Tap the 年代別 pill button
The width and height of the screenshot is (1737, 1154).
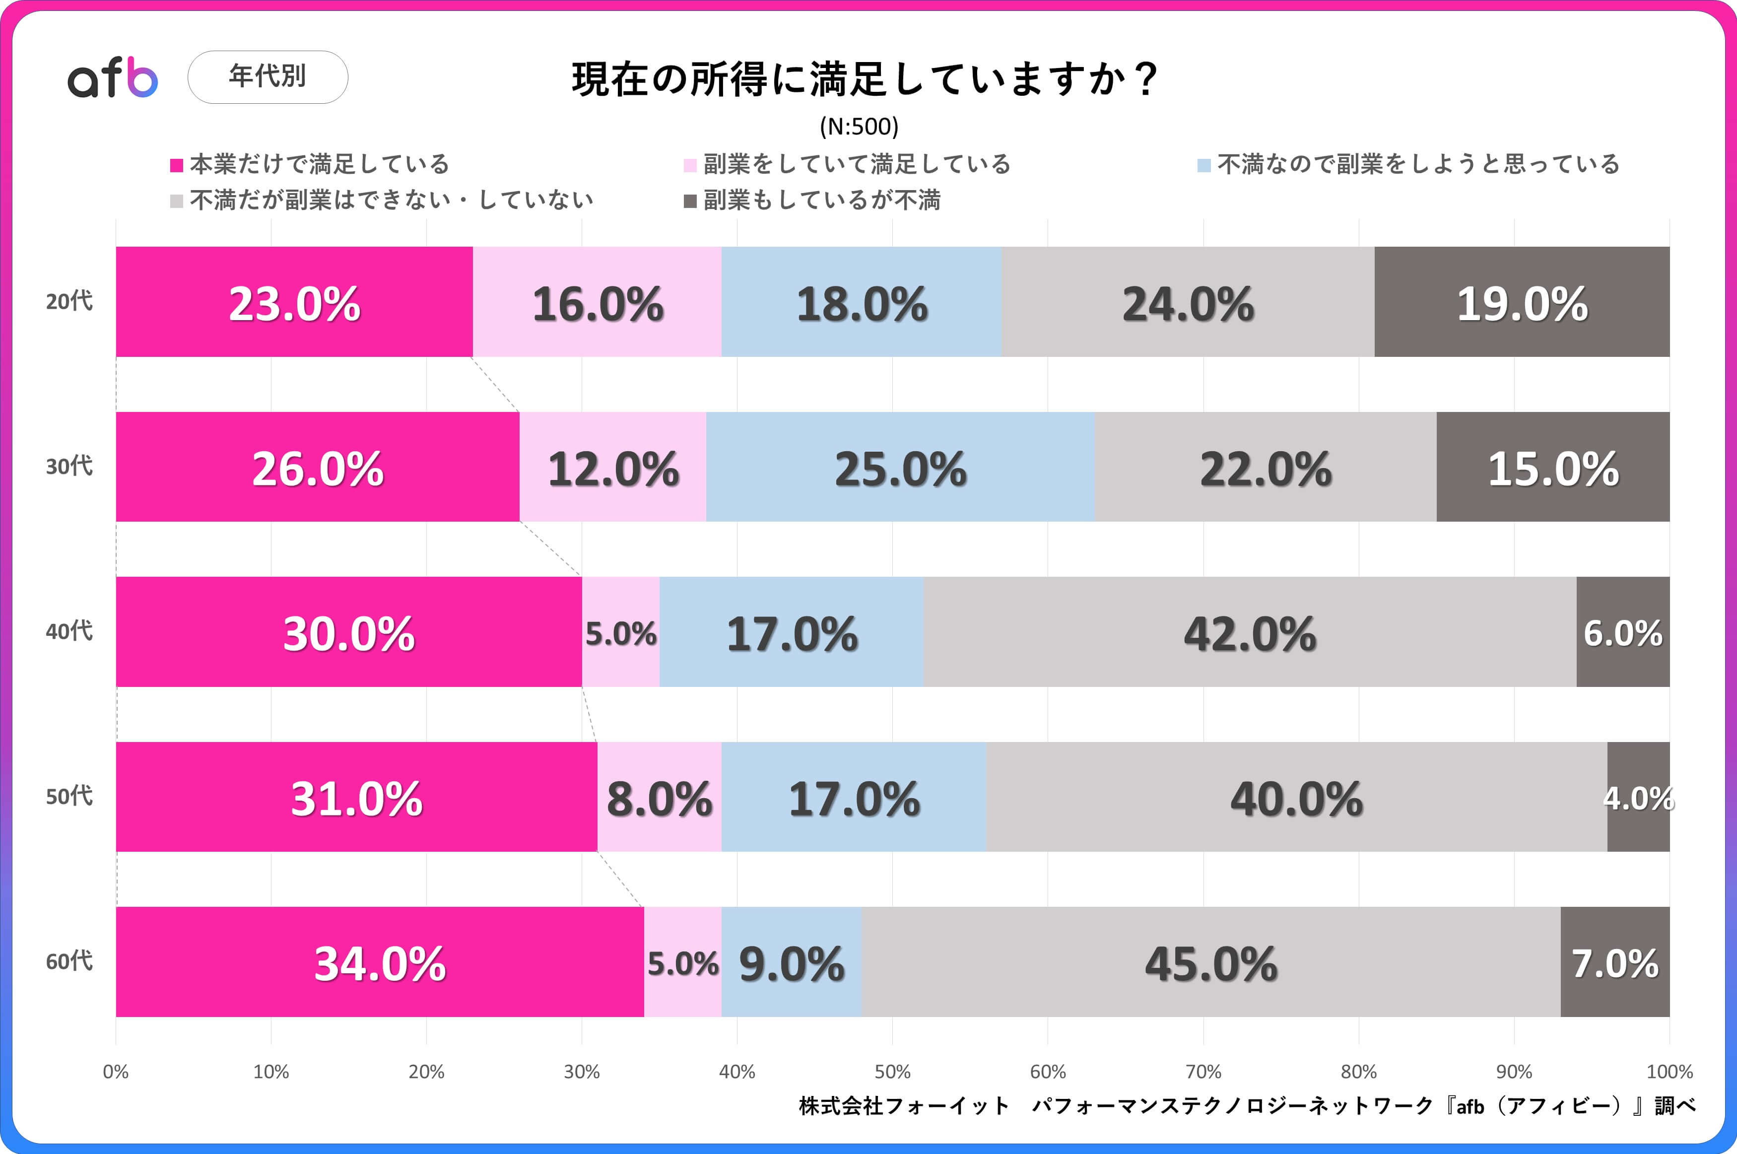point(268,76)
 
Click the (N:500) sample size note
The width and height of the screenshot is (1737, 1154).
point(859,127)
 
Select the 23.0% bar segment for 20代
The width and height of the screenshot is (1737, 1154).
point(294,302)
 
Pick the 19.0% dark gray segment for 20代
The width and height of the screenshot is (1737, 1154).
point(1522,302)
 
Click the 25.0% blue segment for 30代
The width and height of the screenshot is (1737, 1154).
point(900,468)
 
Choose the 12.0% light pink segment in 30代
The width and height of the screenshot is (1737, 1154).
point(613,468)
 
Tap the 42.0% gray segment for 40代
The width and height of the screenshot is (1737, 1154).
point(1249,632)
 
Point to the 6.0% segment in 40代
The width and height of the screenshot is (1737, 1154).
point(1623,632)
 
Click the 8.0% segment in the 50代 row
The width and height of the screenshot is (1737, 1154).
point(659,797)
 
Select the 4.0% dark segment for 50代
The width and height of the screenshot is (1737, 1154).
point(1638,797)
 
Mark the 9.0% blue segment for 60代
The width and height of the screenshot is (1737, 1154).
point(792,962)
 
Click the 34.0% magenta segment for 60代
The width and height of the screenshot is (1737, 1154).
point(380,962)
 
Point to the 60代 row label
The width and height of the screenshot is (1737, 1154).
point(69,961)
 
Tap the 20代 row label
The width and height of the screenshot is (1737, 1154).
point(69,301)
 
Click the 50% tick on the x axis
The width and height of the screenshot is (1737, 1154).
point(892,1072)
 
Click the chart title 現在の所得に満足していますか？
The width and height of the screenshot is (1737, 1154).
point(865,79)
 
